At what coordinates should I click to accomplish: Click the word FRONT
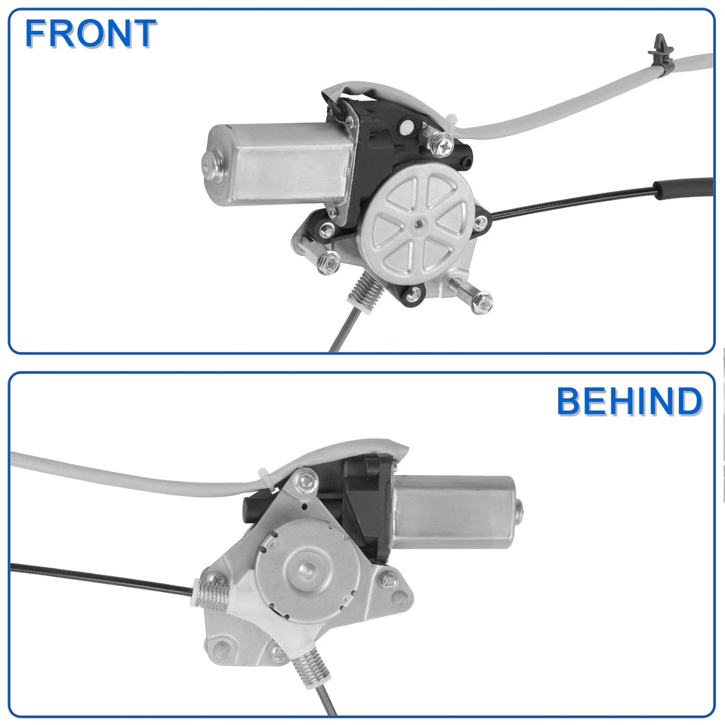(91, 34)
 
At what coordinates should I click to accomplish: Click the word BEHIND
(629, 401)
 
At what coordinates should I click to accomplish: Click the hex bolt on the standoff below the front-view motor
(329, 261)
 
